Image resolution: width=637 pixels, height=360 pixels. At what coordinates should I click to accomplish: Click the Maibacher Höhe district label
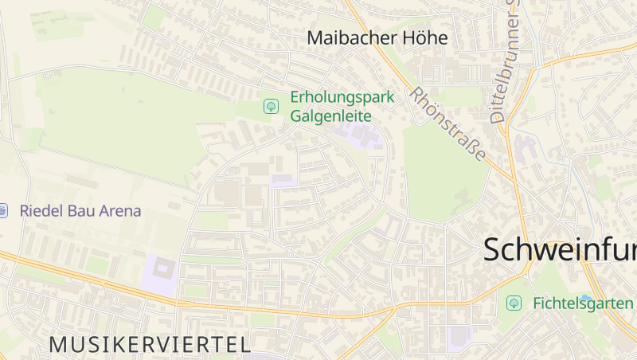click(377, 37)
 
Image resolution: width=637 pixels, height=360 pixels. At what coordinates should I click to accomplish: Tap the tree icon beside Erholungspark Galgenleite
click(271, 106)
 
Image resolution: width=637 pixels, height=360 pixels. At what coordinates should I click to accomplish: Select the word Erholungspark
click(342, 97)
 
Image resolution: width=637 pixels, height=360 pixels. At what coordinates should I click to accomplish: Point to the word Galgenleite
click(330, 115)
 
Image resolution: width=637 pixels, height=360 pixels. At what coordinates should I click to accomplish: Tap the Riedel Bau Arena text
click(80, 211)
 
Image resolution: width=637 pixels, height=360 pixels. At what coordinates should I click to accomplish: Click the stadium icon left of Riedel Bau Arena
click(2, 211)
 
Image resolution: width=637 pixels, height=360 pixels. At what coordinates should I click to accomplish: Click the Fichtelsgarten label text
click(583, 303)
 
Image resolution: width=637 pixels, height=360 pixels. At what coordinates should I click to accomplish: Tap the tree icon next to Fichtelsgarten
click(514, 303)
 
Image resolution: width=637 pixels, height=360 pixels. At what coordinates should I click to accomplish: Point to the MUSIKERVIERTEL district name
click(150, 344)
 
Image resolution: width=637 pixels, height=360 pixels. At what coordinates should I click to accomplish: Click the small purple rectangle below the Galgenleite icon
click(284, 181)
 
